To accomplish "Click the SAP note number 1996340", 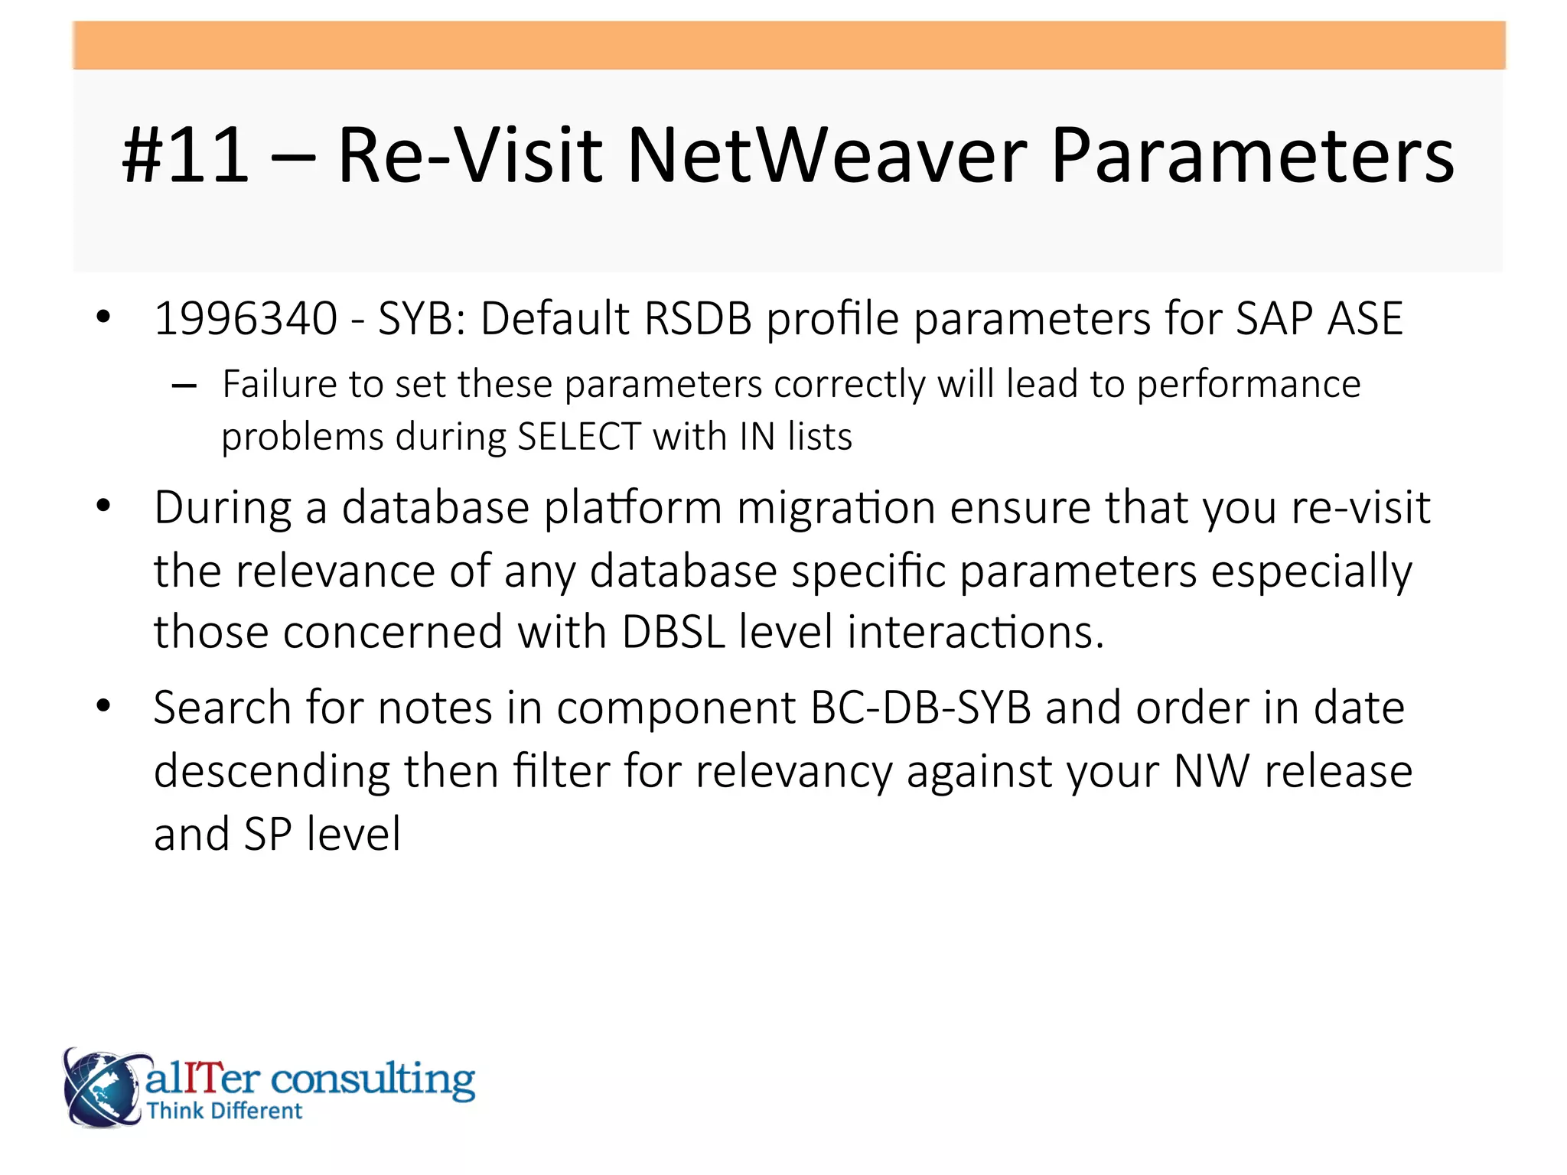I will point(246,318).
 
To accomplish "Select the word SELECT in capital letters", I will point(579,437).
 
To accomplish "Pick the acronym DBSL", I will point(673,632).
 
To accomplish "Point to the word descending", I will point(272,770).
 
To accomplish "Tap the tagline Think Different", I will point(225,1111).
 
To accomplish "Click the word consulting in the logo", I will point(373,1079).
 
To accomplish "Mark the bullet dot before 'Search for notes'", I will point(103,705).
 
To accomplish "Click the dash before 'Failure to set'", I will point(184,386).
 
